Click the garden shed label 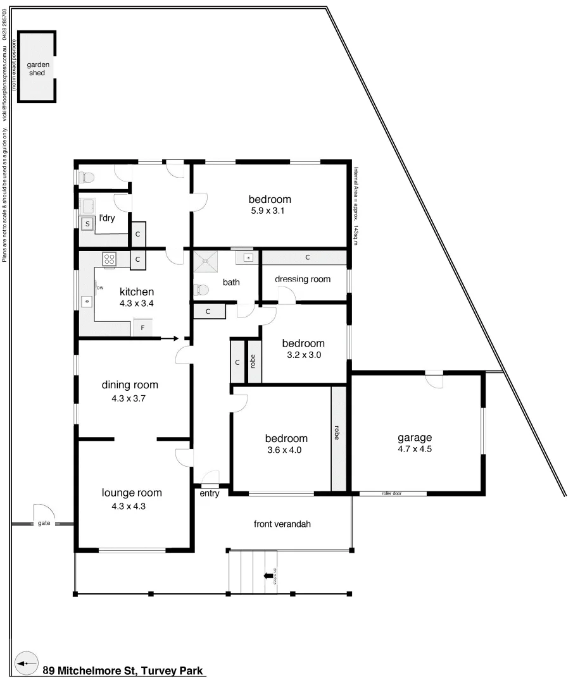pyautogui.click(x=37, y=68)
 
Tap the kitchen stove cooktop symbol pyautogui.click(x=109, y=259)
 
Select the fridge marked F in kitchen pyautogui.click(x=142, y=329)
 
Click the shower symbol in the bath pyautogui.click(x=204, y=259)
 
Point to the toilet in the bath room pyautogui.click(x=201, y=290)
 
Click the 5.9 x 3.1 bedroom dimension pyautogui.click(x=269, y=211)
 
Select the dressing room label pyautogui.click(x=303, y=279)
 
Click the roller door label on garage pyautogui.click(x=392, y=493)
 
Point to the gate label pyautogui.click(x=44, y=523)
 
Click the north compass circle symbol pyautogui.click(x=26, y=663)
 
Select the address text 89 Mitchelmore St pyautogui.click(x=123, y=670)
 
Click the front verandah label pyautogui.click(x=282, y=524)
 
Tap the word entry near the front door pyautogui.click(x=209, y=493)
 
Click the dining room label pyautogui.click(x=130, y=385)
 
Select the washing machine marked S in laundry pyautogui.click(x=87, y=224)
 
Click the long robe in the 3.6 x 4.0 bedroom pyautogui.click(x=339, y=437)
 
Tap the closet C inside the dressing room pyautogui.click(x=306, y=257)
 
